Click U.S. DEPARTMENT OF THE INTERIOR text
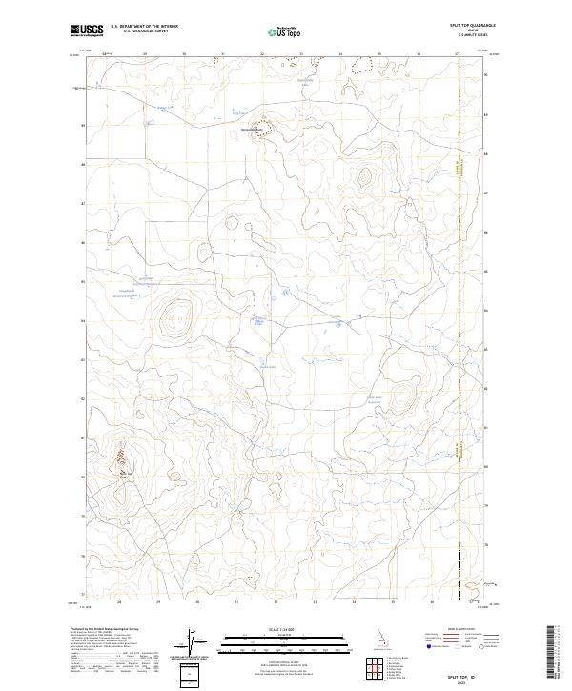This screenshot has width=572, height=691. (x=144, y=26)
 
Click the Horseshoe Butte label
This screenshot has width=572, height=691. (x=255, y=129)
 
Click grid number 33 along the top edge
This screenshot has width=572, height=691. (x=301, y=54)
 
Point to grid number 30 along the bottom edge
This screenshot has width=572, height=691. (x=197, y=602)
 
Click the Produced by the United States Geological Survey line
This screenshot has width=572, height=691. (x=114, y=630)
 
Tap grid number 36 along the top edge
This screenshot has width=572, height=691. (x=419, y=54)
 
